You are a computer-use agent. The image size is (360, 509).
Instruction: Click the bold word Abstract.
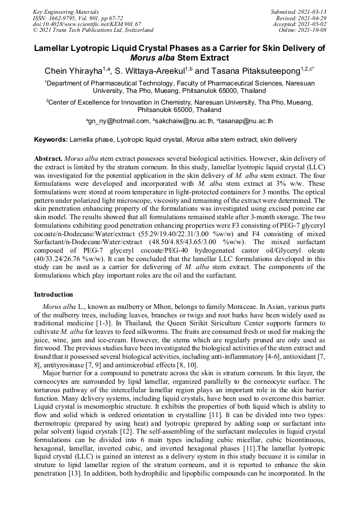[x=48, y=159]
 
